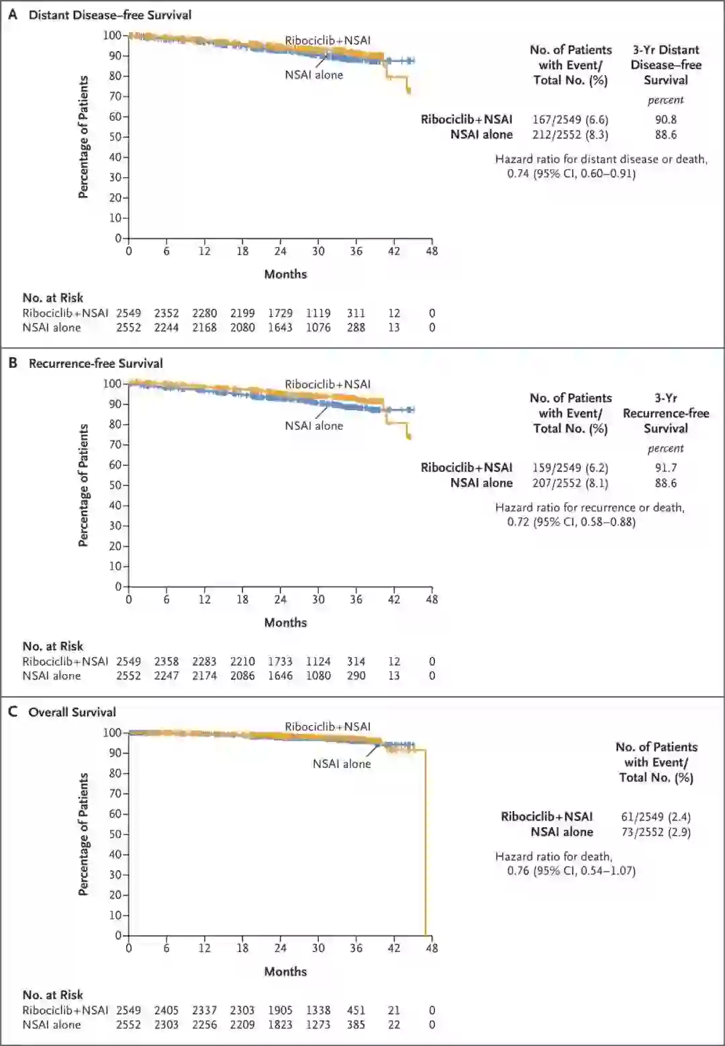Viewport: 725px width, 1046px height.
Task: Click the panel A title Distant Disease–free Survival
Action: pos(110,15)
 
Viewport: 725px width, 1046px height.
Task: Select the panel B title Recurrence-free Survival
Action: pos(95,363)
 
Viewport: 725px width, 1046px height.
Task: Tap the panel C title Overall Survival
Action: pos(72,712)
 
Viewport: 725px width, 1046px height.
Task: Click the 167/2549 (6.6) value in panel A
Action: pos(570,120)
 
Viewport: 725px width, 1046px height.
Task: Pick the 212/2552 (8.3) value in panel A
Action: pos(570,134)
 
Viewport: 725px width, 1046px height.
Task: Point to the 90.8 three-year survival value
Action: pos(665,120)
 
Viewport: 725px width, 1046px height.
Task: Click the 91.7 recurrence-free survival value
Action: pos(665,468)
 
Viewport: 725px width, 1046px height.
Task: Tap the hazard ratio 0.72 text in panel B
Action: pos(571,522)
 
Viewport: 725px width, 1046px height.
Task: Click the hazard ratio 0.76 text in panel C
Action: pos(571,871)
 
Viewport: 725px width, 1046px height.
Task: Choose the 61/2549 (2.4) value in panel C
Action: pos(656,816)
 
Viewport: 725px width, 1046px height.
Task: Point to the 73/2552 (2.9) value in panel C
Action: pos(656,832)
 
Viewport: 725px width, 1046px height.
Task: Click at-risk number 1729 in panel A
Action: pos(280,313)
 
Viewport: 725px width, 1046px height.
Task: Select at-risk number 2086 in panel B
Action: pos(242,676)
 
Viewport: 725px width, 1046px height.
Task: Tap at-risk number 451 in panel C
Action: pos(356,1010)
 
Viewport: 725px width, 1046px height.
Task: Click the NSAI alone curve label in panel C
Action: pos(341,763)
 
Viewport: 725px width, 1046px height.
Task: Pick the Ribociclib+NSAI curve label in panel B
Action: pos(328,384)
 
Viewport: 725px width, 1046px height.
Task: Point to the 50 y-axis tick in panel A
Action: pos(115,137)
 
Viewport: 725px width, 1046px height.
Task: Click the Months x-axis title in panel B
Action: pos(285,622)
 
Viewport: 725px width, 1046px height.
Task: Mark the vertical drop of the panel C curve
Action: pos(425,846)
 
